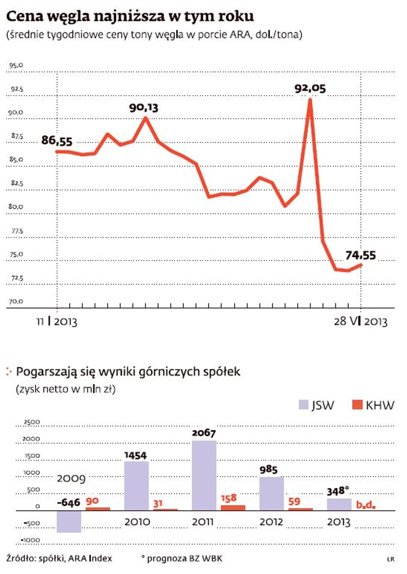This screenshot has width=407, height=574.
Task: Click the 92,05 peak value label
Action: (310, 89)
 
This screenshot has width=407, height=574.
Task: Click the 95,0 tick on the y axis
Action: (16, 65)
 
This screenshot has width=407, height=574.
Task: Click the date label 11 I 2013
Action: (56, 322)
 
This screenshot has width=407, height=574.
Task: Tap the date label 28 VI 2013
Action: (360, 322)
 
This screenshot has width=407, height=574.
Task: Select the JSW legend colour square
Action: (303, 405)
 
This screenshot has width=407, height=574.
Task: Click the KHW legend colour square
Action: (357, 405)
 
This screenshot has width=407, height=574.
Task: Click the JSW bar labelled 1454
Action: (137, 485)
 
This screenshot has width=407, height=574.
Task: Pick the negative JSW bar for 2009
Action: (69, 521)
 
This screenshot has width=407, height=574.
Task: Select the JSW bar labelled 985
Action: (272, 493)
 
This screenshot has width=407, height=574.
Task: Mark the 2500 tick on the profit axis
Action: (32, 422)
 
